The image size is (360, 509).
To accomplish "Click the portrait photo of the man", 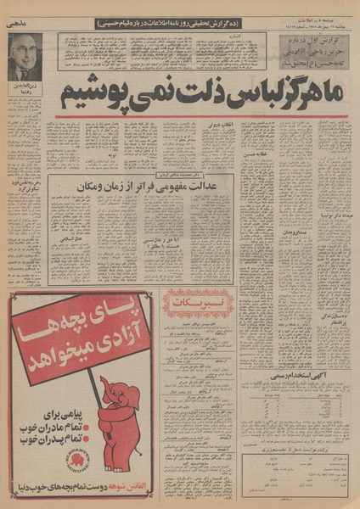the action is point(25,57).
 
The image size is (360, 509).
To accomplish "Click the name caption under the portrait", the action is point(24,91).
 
